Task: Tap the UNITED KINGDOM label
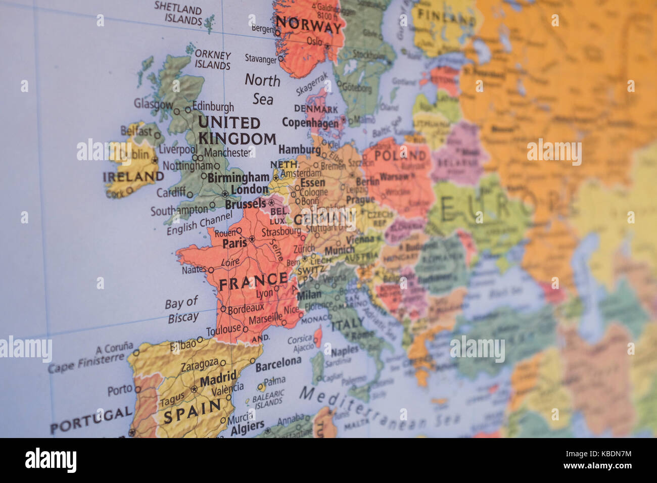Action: (236, 130)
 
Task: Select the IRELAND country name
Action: (133, 177)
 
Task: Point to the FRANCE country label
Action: (254, 281)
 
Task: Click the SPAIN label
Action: (192, 411)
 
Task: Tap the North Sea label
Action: (262, 89)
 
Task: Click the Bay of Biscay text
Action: (182, 310)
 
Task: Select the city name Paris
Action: (234, 243)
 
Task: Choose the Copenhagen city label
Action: (310, 123)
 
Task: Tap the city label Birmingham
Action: (238, 177)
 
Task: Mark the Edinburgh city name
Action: (213, 107)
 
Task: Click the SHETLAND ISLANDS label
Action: (178, 14)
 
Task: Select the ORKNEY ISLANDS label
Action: (213, 60)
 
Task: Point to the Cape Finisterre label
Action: (86, 362)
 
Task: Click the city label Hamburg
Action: (299, 150)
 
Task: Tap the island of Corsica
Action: (318, 336)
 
